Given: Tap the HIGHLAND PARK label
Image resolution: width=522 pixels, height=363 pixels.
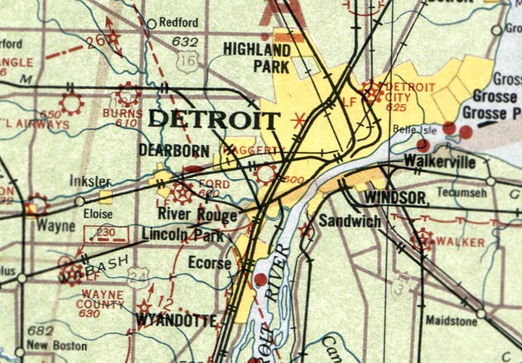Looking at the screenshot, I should [x=256, y=57].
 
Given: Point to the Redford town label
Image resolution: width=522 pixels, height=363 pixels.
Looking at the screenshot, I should [x=179, y=23].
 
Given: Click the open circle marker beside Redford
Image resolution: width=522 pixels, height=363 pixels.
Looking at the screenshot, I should [x=152, y=24].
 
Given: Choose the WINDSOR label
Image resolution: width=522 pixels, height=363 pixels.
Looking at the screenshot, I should [x=395, y=197].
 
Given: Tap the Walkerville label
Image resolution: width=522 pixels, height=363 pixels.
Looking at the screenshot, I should [x=439, y=162].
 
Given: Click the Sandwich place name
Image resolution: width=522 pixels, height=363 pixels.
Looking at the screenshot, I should [x=350, y=221].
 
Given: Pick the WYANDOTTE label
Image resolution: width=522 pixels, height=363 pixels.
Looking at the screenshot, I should [x=176, y=320].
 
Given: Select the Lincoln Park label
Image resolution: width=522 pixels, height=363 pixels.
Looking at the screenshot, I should [x=182, y=235].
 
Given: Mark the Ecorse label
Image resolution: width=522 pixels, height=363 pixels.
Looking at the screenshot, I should [x=209, y=263].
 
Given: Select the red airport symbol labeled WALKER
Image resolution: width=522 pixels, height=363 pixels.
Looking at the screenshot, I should [x=422, y=240].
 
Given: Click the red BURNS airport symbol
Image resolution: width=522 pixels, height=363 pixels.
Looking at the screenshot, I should [x=127, y=94].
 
